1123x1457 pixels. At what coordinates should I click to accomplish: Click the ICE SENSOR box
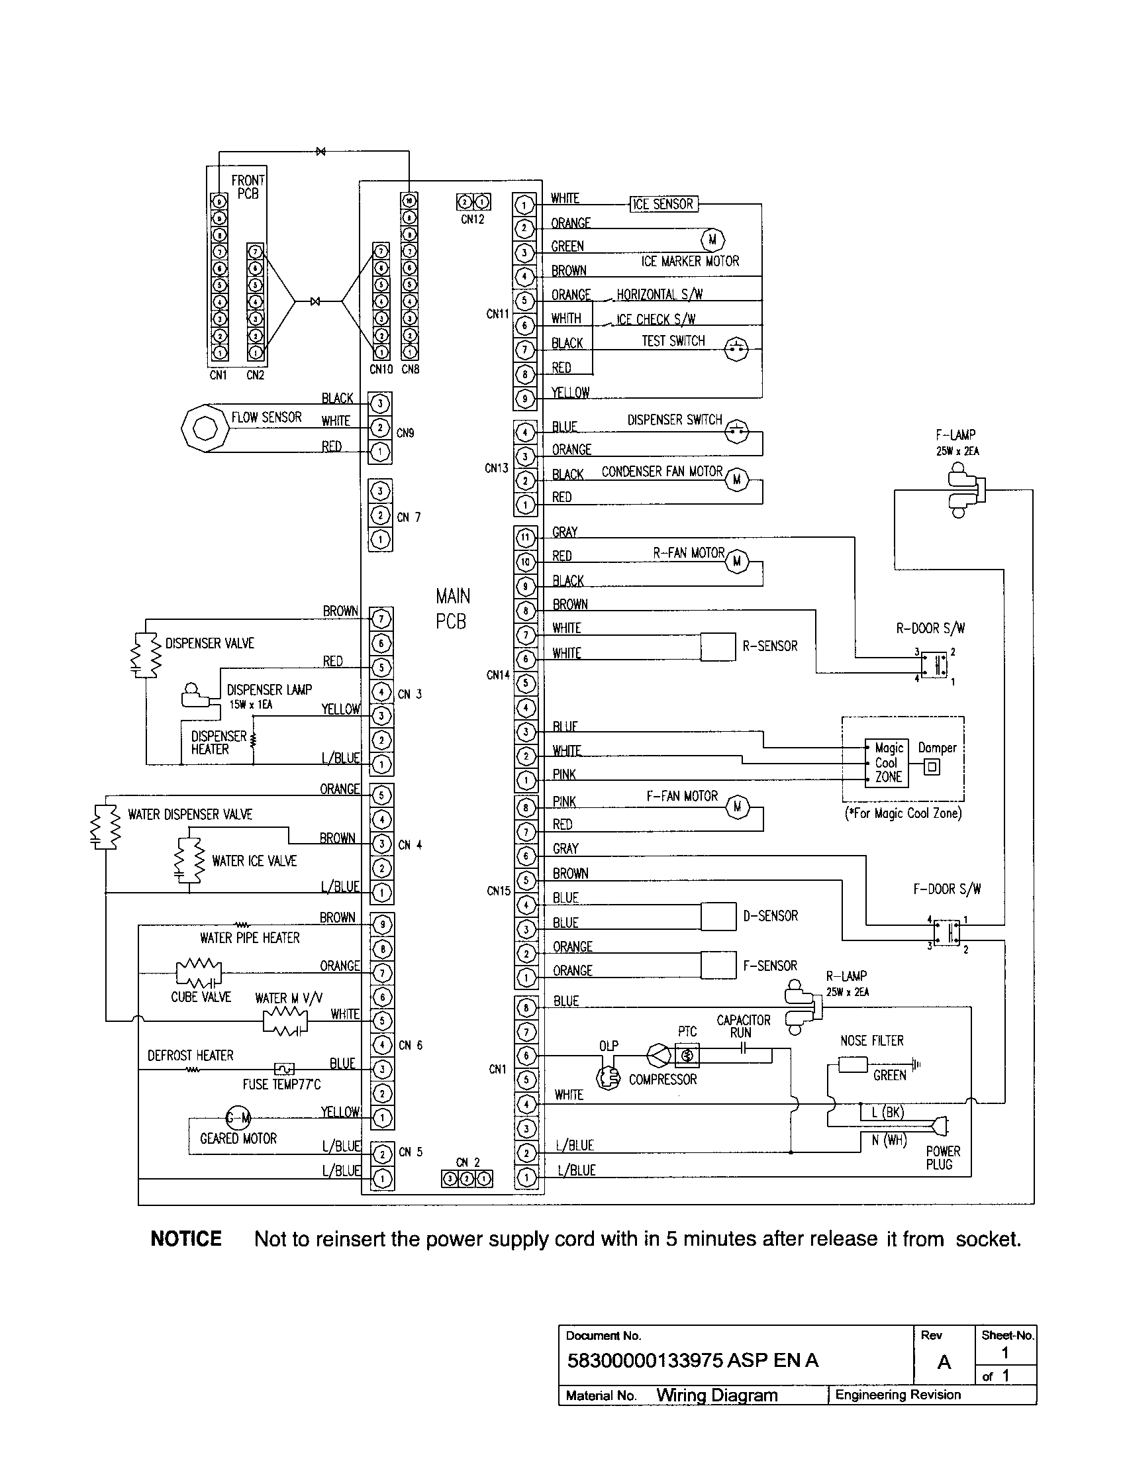(663, 204)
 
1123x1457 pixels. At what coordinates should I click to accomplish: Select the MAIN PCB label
(453, 608)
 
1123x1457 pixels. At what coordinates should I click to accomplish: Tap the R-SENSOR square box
(718, 646)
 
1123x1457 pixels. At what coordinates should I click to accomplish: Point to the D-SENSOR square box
(718, 916)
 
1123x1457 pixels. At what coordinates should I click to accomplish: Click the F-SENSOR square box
(718, 965)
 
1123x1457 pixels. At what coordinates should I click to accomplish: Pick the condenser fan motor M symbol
(737, 479)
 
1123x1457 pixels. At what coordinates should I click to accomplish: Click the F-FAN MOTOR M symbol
(737, 807)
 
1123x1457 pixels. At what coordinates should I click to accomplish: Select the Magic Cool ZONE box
(886, 762)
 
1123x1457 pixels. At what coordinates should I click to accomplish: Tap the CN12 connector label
(473, 219)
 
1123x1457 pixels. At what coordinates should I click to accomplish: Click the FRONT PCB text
(248, 187)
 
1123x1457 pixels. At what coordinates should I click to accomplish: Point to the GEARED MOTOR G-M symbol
(238, 1117)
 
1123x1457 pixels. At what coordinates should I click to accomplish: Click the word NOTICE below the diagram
(186, 1239)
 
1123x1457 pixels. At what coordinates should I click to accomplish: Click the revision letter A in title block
(944, 1362)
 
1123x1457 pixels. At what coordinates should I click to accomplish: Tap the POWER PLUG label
(942, 1158)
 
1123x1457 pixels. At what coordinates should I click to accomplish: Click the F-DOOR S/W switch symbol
(946, 932)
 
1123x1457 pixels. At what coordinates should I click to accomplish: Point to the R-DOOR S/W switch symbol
(934, 664)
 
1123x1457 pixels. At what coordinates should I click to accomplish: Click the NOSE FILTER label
(871, 1040)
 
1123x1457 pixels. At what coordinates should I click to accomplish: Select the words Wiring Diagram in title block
(717, 1395)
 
